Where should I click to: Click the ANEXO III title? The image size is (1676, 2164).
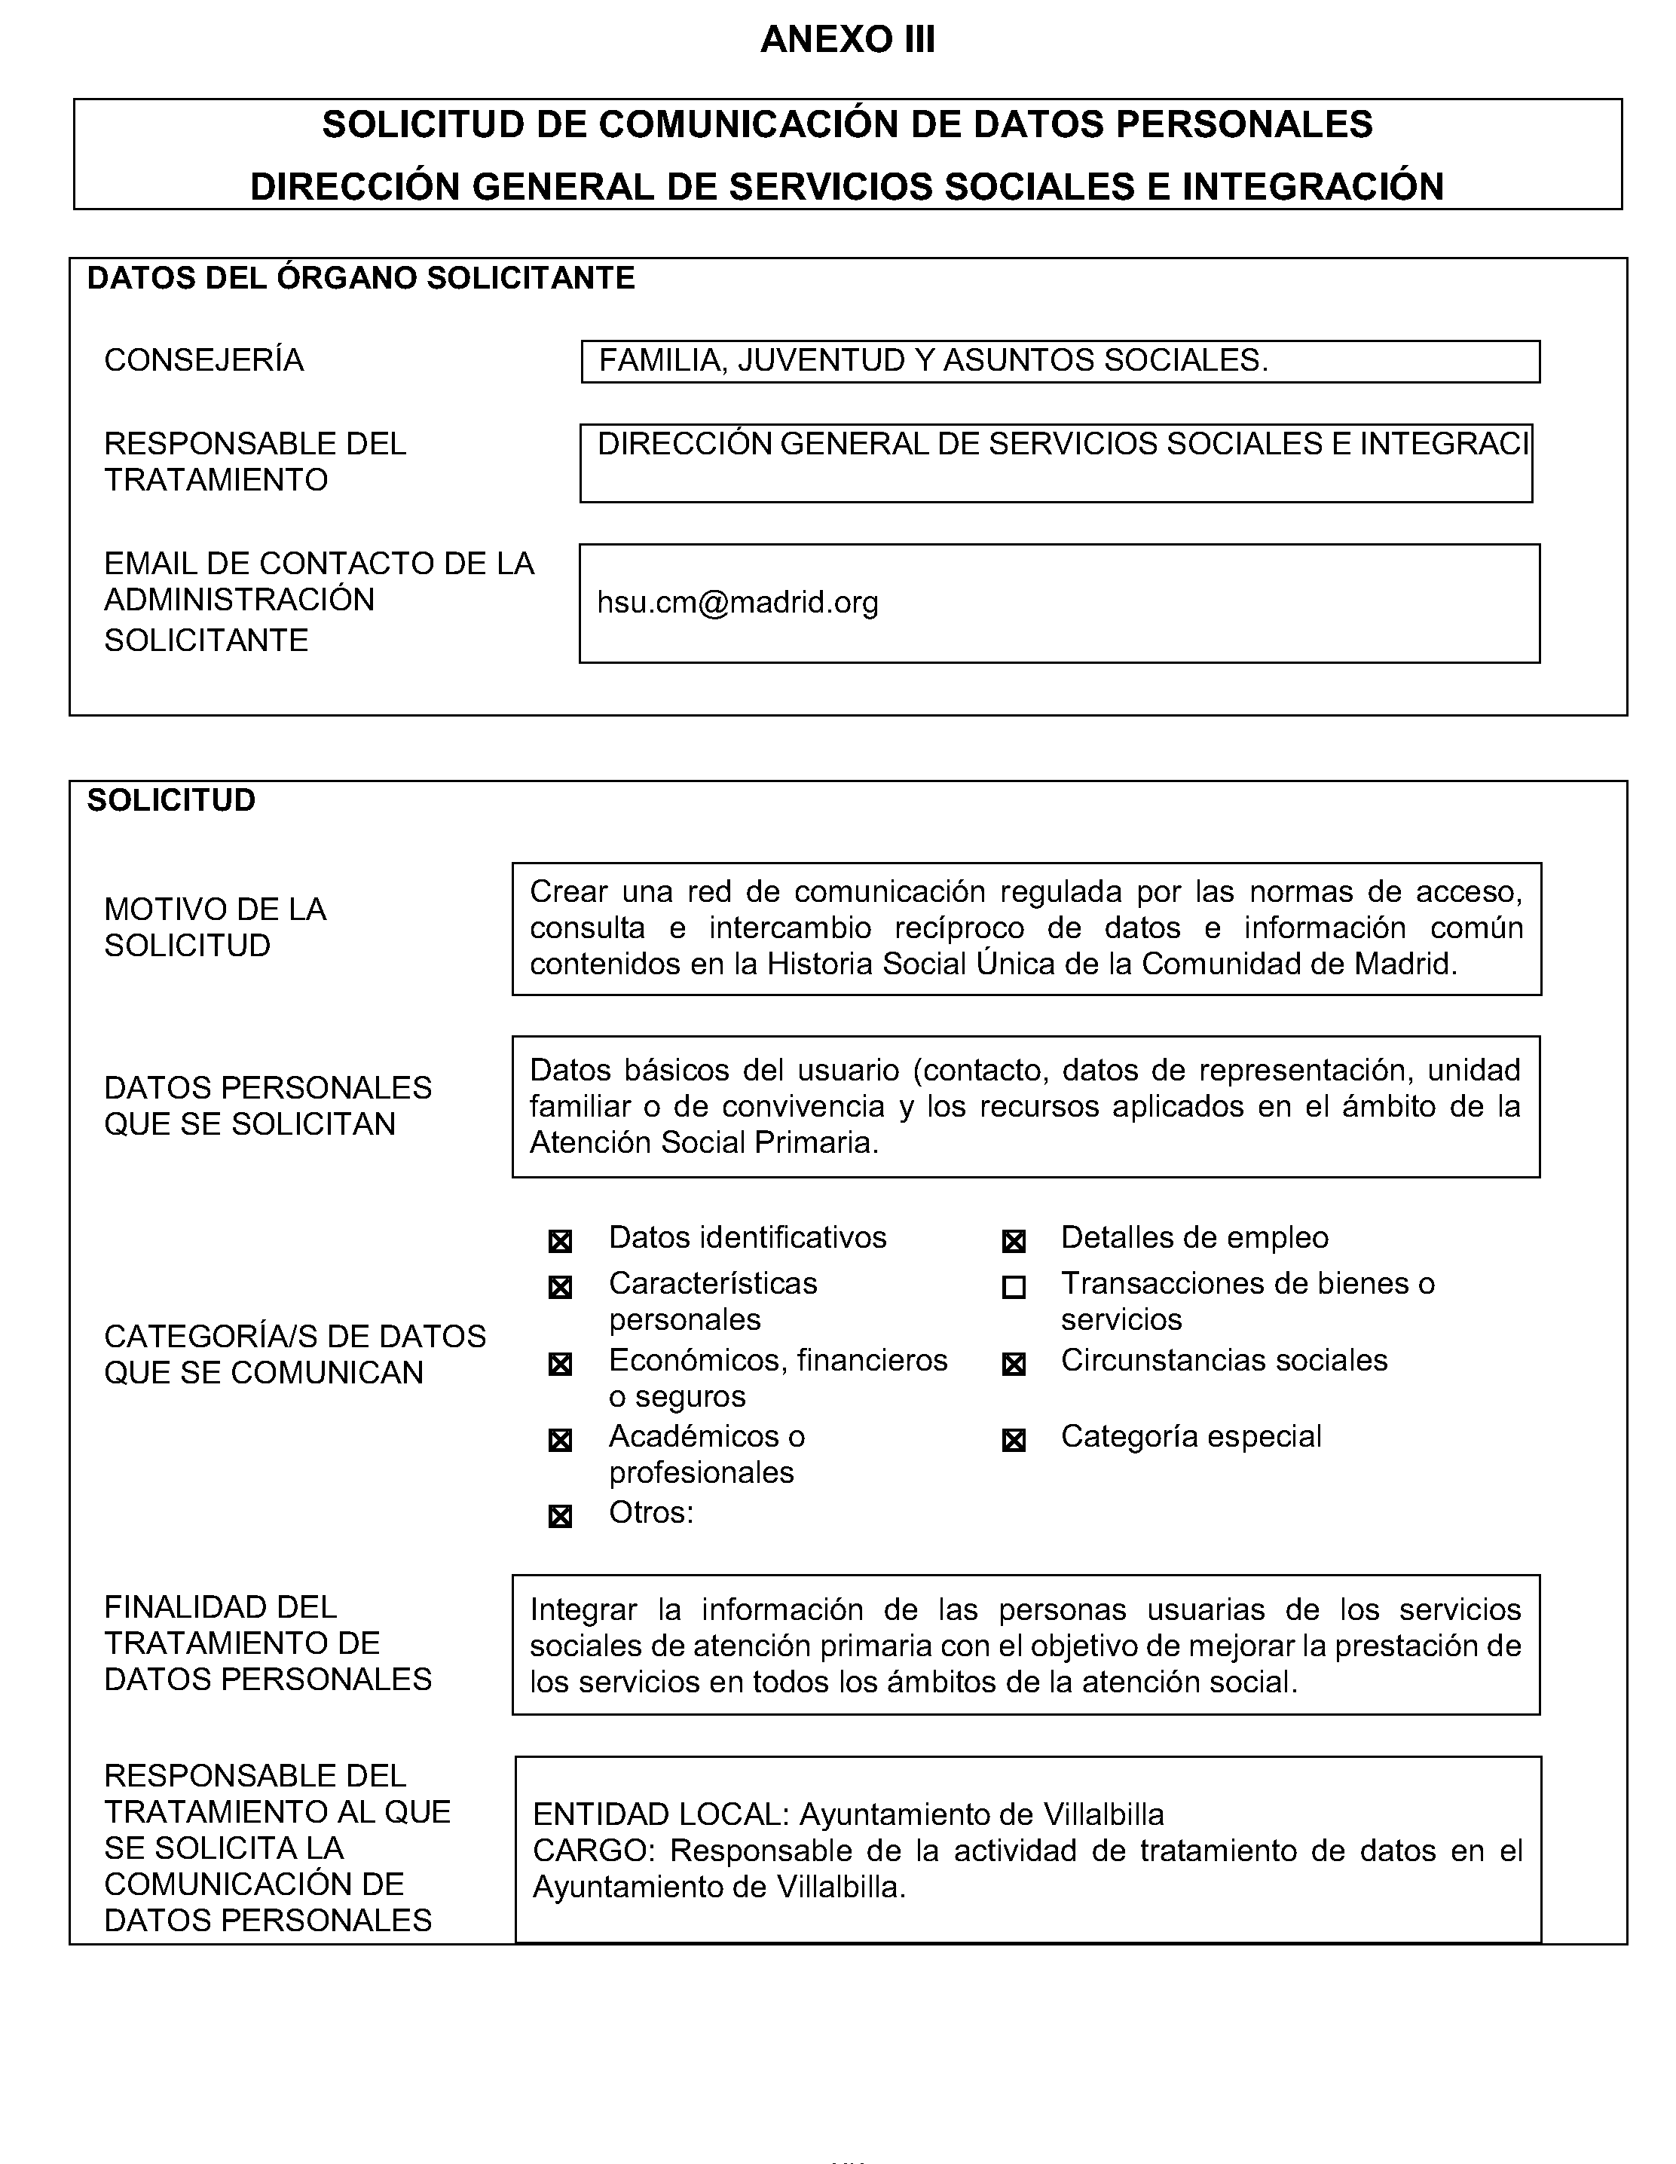coord(847,40)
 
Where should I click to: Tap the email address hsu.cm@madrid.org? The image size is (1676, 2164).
coord(738,603)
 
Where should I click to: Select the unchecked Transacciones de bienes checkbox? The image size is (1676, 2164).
coord(1013,1287)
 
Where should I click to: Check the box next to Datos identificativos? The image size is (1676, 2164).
coord(560,1240)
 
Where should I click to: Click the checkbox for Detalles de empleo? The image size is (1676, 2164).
coord(1013,1240)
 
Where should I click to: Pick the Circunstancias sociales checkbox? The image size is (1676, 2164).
coord(1013,1365)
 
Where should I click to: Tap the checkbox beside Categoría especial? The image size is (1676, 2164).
coord(1013,1441)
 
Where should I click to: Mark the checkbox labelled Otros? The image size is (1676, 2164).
coord(560,1516)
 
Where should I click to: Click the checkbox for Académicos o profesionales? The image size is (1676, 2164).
coord(560,1441)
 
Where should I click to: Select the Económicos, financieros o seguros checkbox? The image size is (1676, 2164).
coord(560,1365)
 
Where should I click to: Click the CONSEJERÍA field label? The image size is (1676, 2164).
coord(203,359)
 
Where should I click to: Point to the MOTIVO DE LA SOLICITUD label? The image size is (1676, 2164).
coord(215,928)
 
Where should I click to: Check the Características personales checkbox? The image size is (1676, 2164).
coord(560,1287)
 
